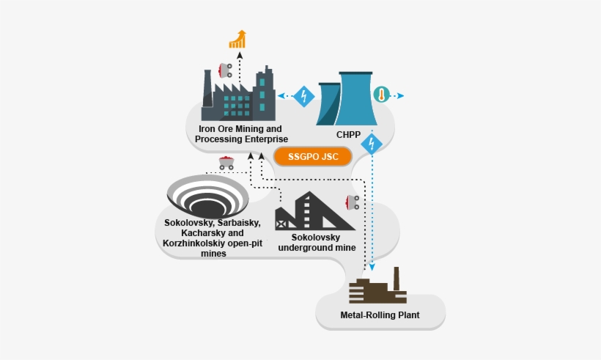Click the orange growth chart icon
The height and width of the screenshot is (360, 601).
pos(237,39)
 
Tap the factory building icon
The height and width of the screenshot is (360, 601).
pos(239,96)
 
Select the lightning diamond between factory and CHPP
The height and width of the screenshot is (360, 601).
pos(303,96)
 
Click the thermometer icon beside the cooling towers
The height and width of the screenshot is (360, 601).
pos(380,95)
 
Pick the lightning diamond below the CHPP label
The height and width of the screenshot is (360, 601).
pos(372,143)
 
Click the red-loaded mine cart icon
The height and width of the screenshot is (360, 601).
pos(227,163)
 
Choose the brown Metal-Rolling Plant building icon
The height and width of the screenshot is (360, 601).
pos(377,288)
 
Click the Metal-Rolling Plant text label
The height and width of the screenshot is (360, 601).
pos(380,316)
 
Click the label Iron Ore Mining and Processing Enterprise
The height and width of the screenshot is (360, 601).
pos(240,133)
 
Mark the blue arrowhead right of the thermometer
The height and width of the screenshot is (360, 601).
pos(400,96)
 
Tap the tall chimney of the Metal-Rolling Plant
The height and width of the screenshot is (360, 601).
pos(397,279)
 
